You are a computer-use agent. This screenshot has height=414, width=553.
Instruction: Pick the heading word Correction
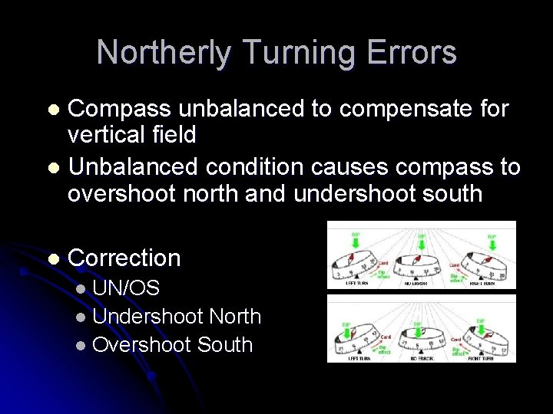point(124,258)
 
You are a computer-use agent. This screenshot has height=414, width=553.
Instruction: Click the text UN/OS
point(126,288)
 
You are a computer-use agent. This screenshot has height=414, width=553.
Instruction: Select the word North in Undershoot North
point(234,316)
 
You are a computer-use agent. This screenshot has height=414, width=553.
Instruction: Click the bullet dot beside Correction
point(52,259)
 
